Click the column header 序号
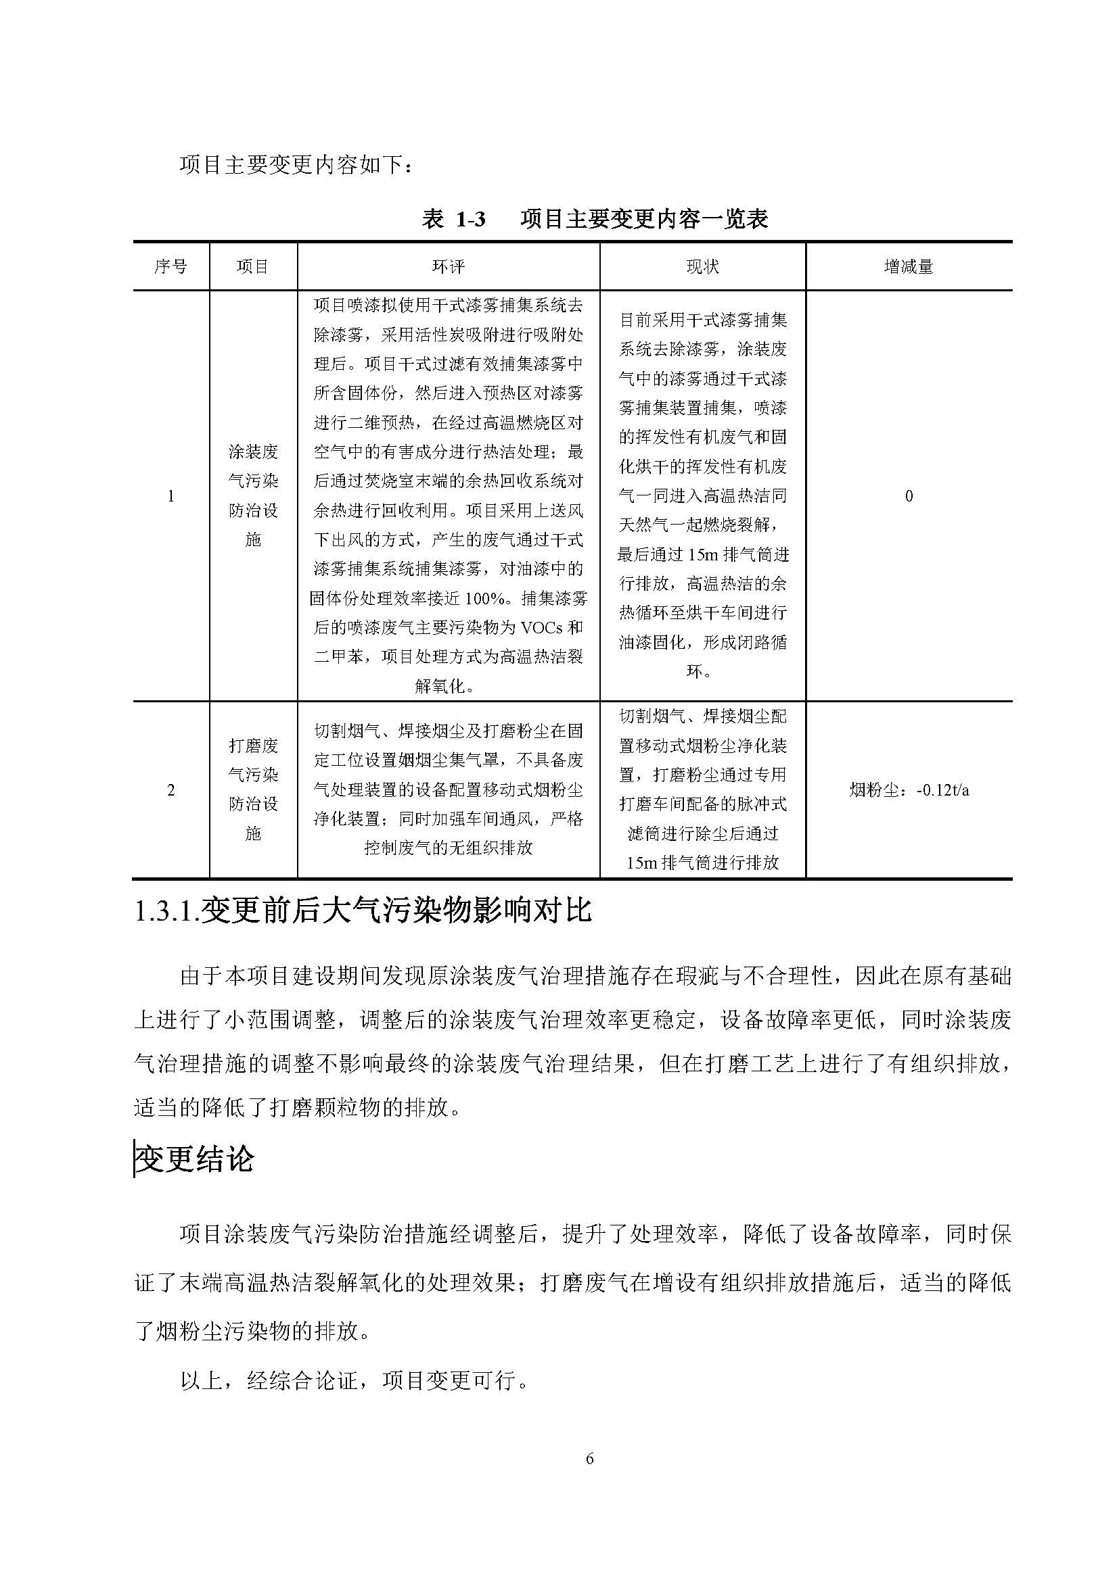point(171,266)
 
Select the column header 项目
point(253,266)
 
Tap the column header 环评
point(449,266)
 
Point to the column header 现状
point(702,266)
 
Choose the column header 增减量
point(908,266)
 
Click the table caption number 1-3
point(471,220)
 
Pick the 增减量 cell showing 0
point(909,495)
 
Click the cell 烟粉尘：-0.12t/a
point(909,789)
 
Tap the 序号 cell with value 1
point(171,495)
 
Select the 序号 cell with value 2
point(171,789)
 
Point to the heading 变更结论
point(195,1159)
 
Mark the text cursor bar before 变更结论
point(135,1160)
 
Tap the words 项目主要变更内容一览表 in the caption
point(644,220)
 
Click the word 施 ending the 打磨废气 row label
point(253,833)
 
